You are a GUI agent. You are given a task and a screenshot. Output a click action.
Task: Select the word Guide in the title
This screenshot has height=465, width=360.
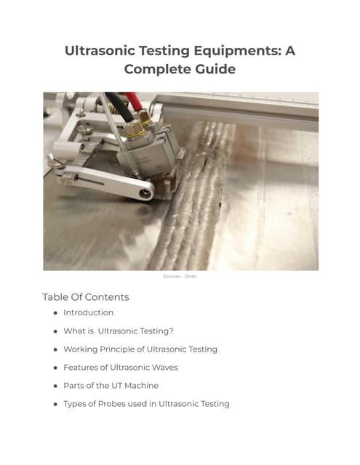coord(214,69)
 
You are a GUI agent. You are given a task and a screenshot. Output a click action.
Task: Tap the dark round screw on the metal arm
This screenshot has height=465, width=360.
coord(145,192)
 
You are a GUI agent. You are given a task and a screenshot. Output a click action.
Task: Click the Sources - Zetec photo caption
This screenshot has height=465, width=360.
coord(180,276)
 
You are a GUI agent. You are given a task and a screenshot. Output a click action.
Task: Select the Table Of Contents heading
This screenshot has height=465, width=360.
coord(86,297)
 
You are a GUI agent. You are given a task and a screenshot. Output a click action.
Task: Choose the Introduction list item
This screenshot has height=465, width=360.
coord(88,312)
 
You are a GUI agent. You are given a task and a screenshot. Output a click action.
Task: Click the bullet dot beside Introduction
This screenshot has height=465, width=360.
coord(55,313)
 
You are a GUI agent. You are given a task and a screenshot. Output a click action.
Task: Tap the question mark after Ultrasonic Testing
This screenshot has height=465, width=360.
coord(171,331)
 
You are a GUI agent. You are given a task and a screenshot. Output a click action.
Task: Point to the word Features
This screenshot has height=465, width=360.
coord(81,367)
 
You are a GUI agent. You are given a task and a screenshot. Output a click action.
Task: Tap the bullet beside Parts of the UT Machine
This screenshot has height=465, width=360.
coord(55,386)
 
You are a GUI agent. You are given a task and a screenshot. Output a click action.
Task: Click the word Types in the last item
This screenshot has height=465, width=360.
coord(76,403)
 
